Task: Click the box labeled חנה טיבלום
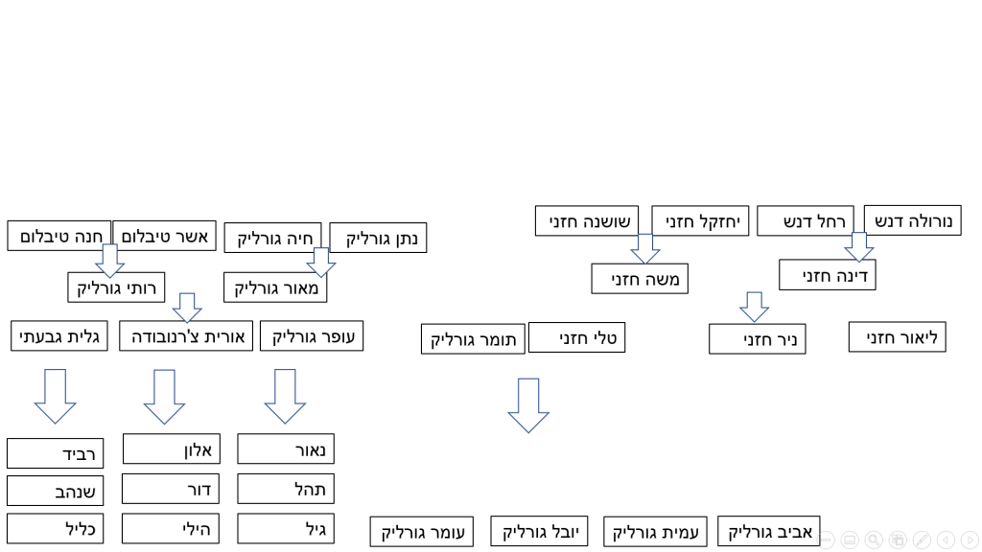pos(58,236)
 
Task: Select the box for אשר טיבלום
pos(165,236)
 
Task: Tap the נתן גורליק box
pos(378,238)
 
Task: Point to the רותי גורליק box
pos(116,287)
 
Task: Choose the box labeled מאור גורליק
pos(275,287)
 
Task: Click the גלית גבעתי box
pos(59,336)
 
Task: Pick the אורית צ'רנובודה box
pos(186,336)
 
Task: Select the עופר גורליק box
pos(312,336)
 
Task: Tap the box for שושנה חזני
pos(587,221)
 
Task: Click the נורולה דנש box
pos(912,220)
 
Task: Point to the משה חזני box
pos(640,279)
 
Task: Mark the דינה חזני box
pos(827,275)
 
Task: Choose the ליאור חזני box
pos(897,337)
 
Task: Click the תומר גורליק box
pos(473,339)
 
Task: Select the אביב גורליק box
pos(769,531)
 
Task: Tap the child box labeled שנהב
pos(56,491)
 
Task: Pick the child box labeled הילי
pos(171,528)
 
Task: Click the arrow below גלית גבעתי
pos(56,396)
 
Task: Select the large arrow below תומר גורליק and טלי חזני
pos(528,405)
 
